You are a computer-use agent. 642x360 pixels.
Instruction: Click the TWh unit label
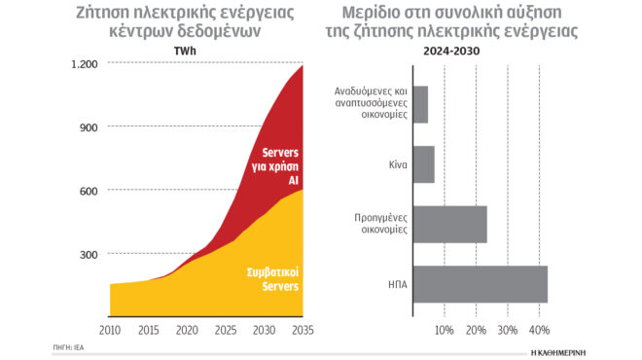pyautogui.click(x=187, y=51)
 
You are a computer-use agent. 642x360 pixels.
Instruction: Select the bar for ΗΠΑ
pyautogui.click(x=480, y=284)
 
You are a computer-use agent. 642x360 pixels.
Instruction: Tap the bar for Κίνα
pyautogui.click(x=423, y=164)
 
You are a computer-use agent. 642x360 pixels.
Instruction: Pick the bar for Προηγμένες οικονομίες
pyautogui.click(x=449, y=225)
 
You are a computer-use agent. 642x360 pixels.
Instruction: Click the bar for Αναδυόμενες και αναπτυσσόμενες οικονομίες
pyautogui.click(x=420, y=104)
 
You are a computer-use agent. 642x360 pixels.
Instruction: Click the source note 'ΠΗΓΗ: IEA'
pyautogui.click(x=68, y=347)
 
